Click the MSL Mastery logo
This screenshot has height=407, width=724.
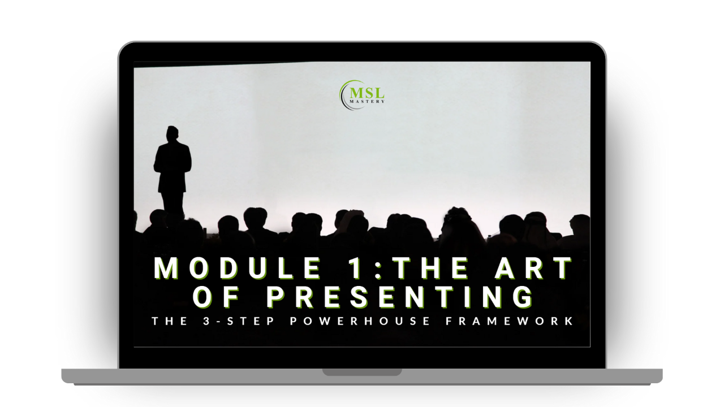(x=362, y=95)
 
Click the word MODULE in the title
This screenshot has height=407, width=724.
(x=238, y=268)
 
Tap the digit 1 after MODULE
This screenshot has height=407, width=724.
(x=355, y=268)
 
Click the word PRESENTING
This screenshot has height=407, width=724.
(x=400, y=297)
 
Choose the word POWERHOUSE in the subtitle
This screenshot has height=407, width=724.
(x=360, y=321)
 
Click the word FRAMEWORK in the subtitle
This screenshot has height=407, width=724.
(x=510, y=321)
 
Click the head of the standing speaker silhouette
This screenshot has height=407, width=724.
(x=173, y=133)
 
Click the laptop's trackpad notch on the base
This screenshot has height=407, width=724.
(x=362, y=372)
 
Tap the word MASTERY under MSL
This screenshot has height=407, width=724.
(x=367, y=101)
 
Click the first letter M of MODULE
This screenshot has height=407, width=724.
(x=166, y=268)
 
